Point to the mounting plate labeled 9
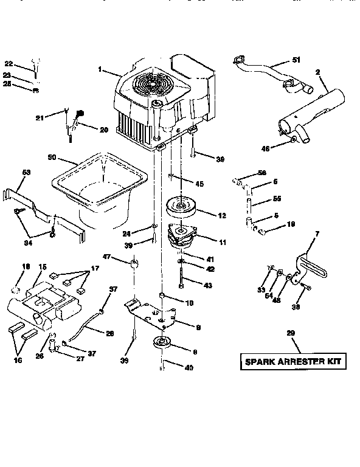click(x=152, y=312)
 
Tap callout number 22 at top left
click(x=9, y=63)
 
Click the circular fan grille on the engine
click(x=147, y=88)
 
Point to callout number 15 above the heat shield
click(x=43, y=267)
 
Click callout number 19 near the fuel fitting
click(x=291, y=224)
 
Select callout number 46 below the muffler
click(x=265, y=148)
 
